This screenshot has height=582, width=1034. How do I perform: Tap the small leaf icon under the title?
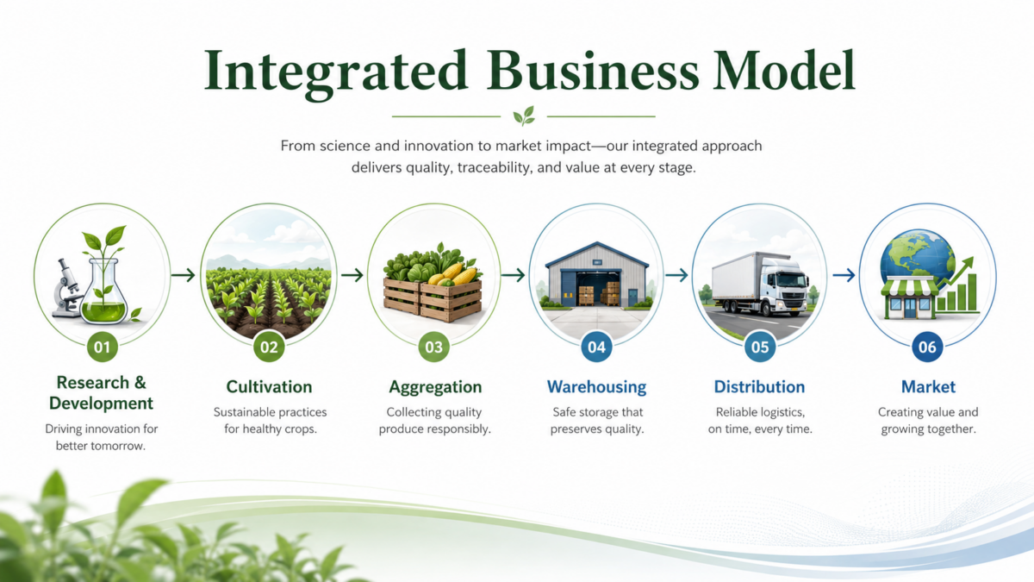524,116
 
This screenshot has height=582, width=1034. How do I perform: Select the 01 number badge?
102,347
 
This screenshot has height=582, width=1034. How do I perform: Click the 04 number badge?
596,347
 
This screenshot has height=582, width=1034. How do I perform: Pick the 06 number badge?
927,347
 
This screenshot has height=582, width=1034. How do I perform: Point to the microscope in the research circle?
67,288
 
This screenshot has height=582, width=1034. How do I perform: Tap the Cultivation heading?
269,386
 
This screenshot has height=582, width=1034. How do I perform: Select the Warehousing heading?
596,387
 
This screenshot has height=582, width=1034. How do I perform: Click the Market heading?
928,386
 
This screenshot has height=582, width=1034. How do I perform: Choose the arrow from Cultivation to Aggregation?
352,275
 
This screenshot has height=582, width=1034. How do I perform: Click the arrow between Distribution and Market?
844,275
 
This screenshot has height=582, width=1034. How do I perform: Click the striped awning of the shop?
909,286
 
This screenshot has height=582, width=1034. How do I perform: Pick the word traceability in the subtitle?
493,167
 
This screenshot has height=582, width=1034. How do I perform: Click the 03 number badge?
433,347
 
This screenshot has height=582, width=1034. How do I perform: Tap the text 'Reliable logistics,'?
760,412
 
